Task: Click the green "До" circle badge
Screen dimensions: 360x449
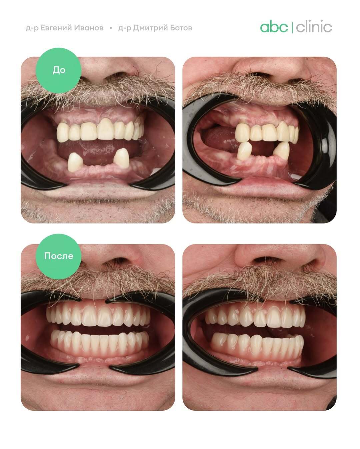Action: click(58, 70)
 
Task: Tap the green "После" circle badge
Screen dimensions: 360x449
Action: click(58, 257)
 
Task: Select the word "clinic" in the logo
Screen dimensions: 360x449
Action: click(314, 26)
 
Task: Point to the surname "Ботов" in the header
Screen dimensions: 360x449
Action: click(181, 28)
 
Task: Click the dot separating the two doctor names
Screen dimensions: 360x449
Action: click(111, 28)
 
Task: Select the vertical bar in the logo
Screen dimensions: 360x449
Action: click(292, 27)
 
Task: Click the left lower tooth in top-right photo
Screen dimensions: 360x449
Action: click(245, 151)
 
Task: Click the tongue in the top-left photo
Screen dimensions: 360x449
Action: click(98, 151)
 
